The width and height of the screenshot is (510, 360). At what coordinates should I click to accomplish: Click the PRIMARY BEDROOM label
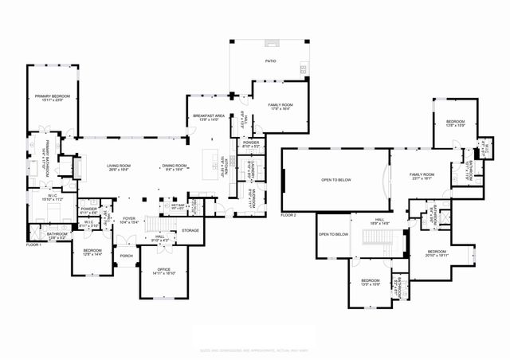pyautogui.click(x=53, y=97)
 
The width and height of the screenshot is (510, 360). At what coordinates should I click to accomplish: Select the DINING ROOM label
pyautogui.click(x=173, y=166)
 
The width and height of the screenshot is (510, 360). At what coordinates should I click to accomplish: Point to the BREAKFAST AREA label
pyautogui.click(x=209, y=117)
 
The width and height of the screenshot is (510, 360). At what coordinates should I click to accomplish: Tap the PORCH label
pyautogui.click(x=125, y=256)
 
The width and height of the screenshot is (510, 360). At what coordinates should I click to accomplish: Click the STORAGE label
pyautogui.click(x=190, y=230)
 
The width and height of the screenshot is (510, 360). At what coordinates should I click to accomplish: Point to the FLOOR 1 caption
pyautogui.click(x=33, y=244)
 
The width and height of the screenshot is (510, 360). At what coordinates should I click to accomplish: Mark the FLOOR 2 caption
pyautogui.click(x=288, y=215)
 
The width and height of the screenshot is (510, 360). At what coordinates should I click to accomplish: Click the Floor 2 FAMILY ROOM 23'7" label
pyautogui.click(x=422, y=175)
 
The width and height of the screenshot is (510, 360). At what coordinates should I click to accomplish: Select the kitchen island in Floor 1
pyautogui.click(x=213, y=164)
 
